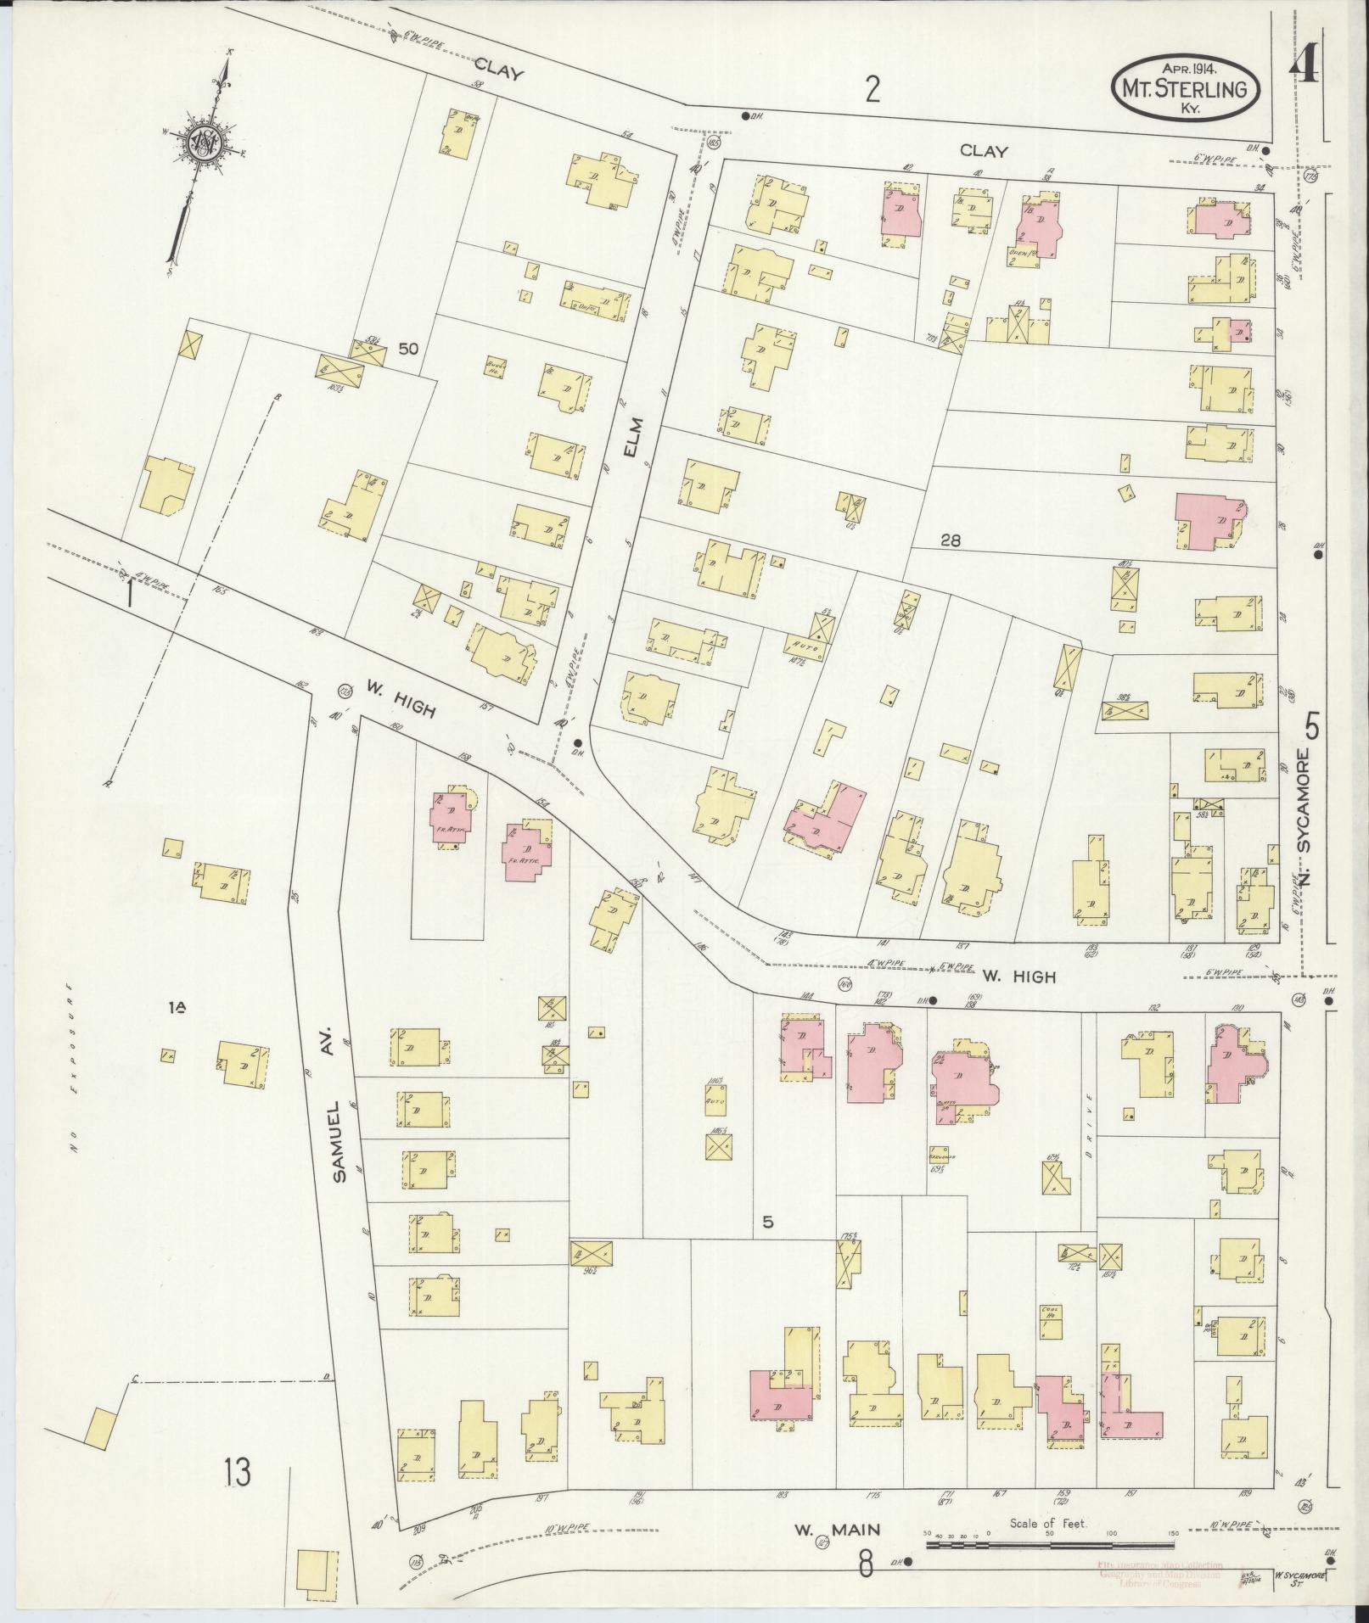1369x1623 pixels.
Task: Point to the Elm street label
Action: pos(630,437)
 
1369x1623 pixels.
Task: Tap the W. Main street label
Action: pos(835,1531)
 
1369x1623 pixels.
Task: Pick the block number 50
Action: pos(410,348)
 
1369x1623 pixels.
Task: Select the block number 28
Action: pos(950,540)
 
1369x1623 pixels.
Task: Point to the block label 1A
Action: pos(177,1007)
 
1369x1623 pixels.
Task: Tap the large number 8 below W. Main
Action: pos(865,1563)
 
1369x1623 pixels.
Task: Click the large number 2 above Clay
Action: pos(872,89)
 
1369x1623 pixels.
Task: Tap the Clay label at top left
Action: pos(498,67)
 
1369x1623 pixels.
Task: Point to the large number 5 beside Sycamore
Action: pos(1313,727)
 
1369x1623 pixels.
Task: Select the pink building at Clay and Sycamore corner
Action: pos(1223,219)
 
